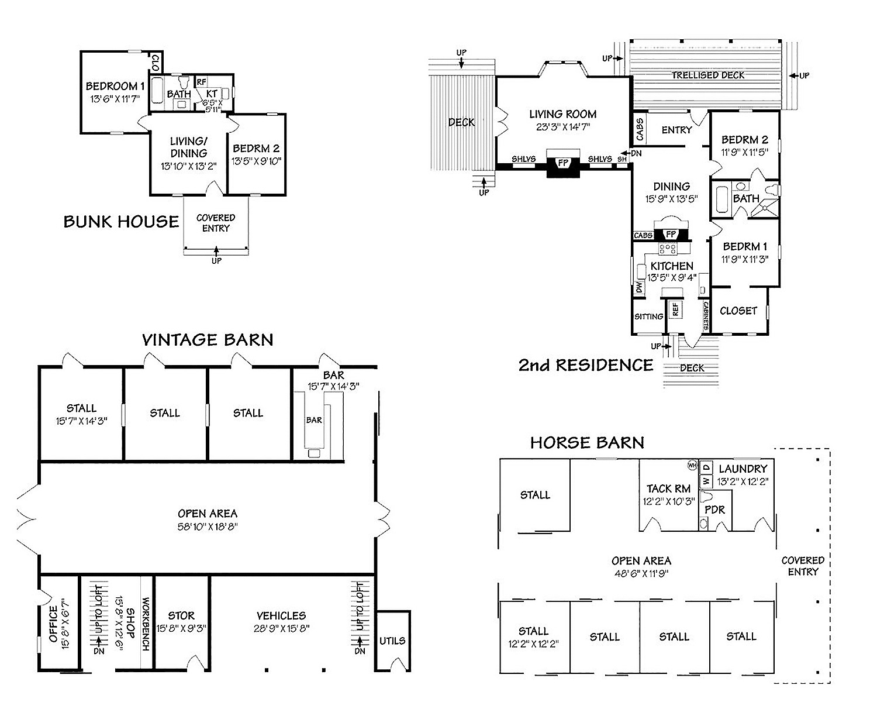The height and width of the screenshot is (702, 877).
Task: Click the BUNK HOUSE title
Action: click(x=121, y=222)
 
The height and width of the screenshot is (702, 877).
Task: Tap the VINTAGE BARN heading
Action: click(x=208, y=340)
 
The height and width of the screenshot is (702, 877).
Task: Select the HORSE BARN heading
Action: click(x=587, y=443)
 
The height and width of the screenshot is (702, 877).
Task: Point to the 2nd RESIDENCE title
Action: click(x=586, y=365)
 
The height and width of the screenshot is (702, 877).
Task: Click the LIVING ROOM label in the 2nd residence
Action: click(x=563, y=114)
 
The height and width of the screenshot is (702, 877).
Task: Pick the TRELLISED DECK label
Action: click(x=708, y=75)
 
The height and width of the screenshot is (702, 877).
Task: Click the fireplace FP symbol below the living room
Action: click(x=563, y=163)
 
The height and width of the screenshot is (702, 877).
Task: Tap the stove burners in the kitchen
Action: click(x=668, y=249)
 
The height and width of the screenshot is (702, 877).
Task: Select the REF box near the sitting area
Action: click(x=675, y=309)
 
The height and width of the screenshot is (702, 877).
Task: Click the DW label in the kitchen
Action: click(x=639, y=287)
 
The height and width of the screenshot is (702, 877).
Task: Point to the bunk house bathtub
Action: click(x=157, y=90)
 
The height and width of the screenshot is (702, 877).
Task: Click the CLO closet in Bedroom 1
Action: click(x=156, y=63)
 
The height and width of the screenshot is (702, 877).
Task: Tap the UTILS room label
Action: click(x=392, y=641)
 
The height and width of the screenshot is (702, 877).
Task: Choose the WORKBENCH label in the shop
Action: click(x=146, y=624)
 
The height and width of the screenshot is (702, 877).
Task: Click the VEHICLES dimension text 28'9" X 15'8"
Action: click(x=282, y=628)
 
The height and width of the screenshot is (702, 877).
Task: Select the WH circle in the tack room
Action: click(x=692, y=465)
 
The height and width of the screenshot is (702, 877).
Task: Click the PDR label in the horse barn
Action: click(x=715, y=510)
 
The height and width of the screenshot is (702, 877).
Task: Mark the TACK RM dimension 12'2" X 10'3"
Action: click(x=669, y=501)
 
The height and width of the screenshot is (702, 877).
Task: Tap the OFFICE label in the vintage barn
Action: click(x=53, y=624)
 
